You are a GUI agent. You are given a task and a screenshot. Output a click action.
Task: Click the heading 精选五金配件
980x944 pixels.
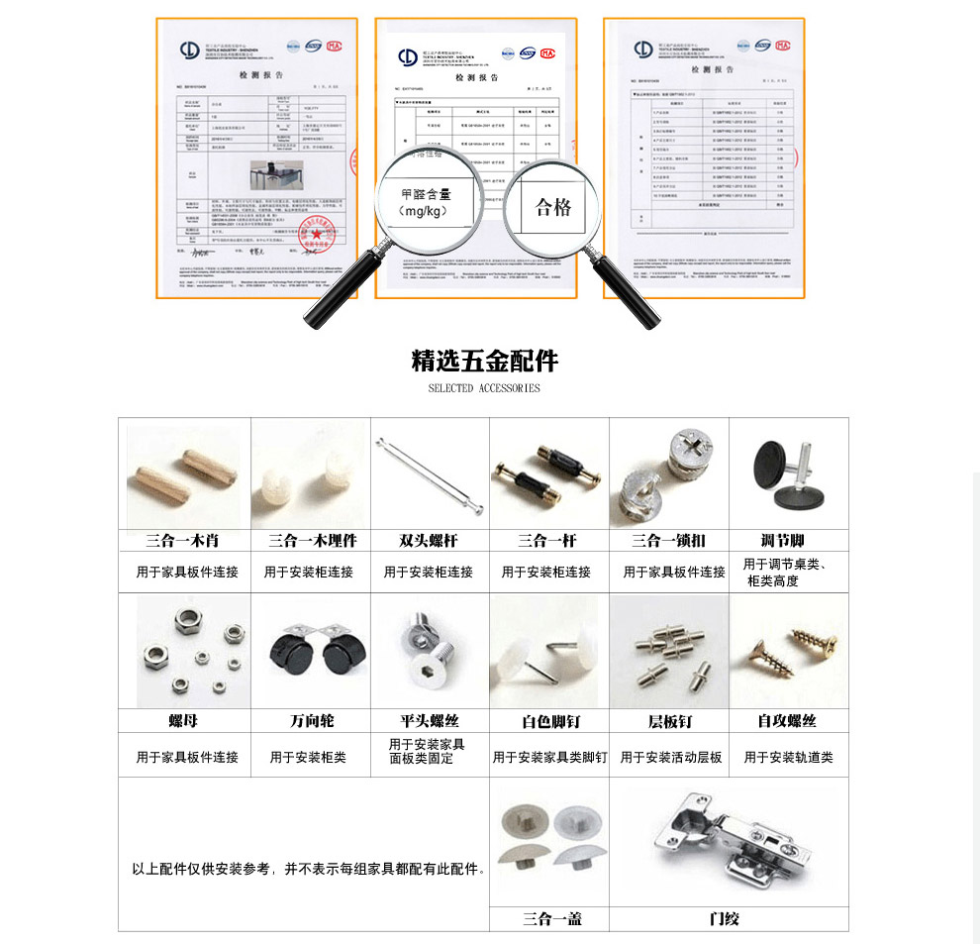(x=484, y=360)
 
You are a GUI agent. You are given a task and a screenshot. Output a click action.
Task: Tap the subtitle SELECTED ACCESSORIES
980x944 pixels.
(x=484, y=388)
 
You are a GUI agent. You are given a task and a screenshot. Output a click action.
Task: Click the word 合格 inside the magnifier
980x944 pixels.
(x=553, y=207)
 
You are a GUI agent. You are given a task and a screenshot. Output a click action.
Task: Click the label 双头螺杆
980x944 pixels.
(x=429, y=541)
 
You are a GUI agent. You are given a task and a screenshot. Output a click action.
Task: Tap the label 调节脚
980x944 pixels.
(x=782, y=540)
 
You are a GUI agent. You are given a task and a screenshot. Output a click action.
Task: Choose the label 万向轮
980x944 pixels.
(x=311, y=721)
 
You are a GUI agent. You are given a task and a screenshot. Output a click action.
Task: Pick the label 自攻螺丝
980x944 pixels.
(x=787, y=721)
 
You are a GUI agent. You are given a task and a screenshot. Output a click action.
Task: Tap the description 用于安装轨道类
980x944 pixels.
(x=788, y=758)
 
